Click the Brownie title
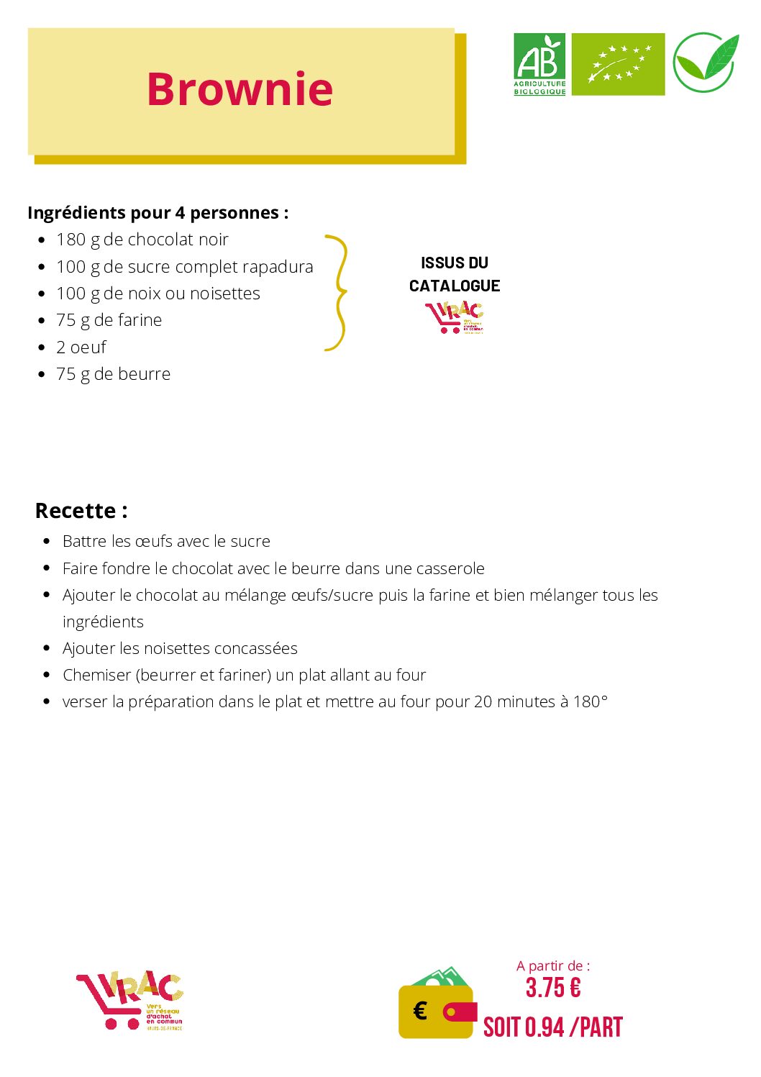tap(240, 89)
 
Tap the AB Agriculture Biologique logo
tap(539, 64)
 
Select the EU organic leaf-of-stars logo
tap(618, 64)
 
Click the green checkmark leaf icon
tap(706, 63)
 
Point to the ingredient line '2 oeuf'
tap(81, 347)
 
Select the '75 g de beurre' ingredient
tap(113, 374)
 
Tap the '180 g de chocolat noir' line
tap(142, 240)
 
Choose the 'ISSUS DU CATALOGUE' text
tap(455, 274)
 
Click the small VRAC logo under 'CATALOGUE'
tap(455, 317)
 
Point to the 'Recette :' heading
tap(81, 511)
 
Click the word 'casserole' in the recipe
tap(450, 568)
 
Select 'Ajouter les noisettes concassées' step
tap(180, 648)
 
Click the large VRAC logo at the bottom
tap(130, 1000)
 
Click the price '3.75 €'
tap(552, 988)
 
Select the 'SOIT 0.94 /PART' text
tap(552, 1027)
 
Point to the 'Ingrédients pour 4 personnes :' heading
tap(158, 213)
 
